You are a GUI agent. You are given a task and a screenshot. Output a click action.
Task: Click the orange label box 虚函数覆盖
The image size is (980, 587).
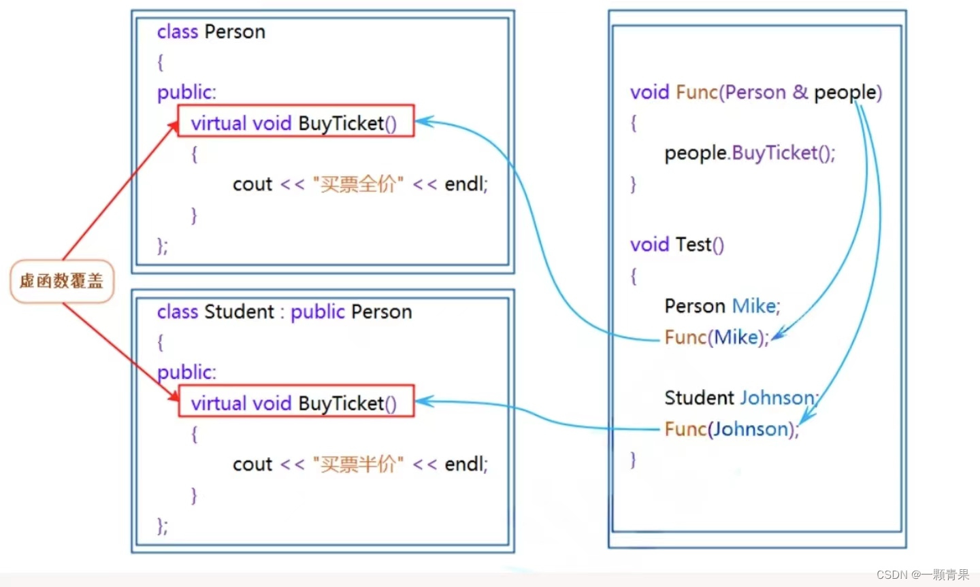(61, 281)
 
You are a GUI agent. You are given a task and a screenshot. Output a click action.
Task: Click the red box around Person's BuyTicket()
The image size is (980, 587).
(295, 121)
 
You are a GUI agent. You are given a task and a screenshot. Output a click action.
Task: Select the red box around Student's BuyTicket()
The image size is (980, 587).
(295, 401)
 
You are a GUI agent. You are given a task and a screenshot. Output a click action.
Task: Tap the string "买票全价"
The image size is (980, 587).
(358, 184)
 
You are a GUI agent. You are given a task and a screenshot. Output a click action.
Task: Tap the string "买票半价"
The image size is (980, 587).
(358, 465)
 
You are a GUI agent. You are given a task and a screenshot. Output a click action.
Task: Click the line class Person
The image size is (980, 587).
(211, 32)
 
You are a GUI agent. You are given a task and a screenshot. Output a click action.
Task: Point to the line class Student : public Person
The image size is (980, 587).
(284, 312)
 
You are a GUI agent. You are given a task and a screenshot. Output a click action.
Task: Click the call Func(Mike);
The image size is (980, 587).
(716, 337)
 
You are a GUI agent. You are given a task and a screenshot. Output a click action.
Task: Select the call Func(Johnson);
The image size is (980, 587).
(731, 429)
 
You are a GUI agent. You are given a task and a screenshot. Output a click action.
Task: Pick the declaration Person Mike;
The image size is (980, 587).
(721, 306)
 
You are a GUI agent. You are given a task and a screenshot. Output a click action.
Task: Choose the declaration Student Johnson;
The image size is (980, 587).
(740, 398)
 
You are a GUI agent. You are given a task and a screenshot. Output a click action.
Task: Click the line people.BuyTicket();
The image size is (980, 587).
(749, 153)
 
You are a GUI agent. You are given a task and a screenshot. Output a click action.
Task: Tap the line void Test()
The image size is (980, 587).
(676, 245)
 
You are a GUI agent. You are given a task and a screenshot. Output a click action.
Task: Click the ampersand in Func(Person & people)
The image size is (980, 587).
(800, 92)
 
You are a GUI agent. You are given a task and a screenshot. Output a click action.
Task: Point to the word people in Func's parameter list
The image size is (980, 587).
(845, 93)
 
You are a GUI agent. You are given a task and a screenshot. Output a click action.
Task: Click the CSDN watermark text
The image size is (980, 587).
(922, 575)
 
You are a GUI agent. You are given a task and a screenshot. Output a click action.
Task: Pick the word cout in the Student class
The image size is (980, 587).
(252, 465)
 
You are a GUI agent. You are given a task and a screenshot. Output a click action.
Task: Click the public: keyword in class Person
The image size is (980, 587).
(186, 93)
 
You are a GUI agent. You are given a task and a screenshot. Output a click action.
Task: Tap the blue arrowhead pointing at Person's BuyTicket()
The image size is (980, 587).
(424, 122)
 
